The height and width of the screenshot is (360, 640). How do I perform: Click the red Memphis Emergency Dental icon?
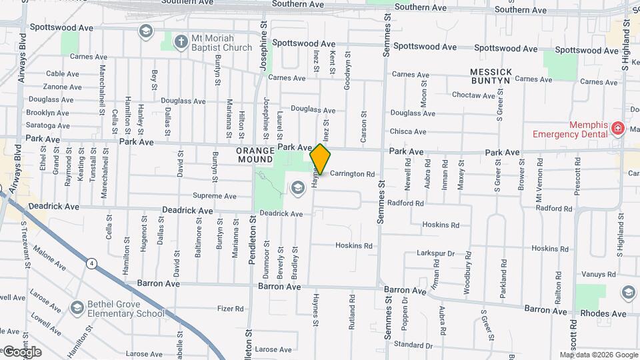point(618,128)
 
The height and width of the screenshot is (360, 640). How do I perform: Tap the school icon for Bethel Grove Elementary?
point(77,308)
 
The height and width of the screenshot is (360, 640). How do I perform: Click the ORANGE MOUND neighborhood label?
point(255,155)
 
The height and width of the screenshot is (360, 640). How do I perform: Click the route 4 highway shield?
point(91,264)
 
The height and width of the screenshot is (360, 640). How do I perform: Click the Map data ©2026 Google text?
point(598,355)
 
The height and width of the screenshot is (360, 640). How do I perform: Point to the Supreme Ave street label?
point(214,196)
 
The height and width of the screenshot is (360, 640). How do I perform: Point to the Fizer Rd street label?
point(231,309)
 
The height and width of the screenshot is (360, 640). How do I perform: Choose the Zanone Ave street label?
point(62,87)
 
